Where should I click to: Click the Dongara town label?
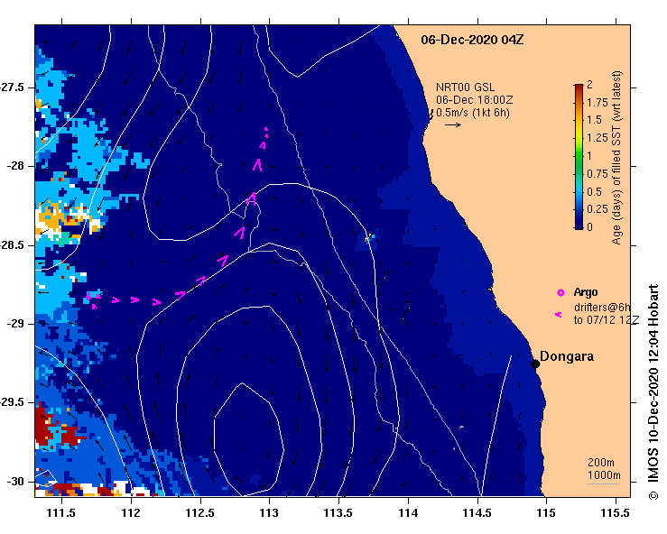pyautogui.click(x=567, y=356)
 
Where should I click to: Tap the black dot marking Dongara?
pyautogui.click(x=535, y=364)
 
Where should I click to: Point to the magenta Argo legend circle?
pyautogui.click(x=560, y=292)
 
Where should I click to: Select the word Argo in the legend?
pyautogui.click(x=586, y=292)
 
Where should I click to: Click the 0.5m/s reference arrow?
pyautogui.click(x=453, y=124)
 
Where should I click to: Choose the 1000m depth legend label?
pyautogui.click(x=603, y=475)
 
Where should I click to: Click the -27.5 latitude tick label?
pyautogui.click(x=16, y=87)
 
